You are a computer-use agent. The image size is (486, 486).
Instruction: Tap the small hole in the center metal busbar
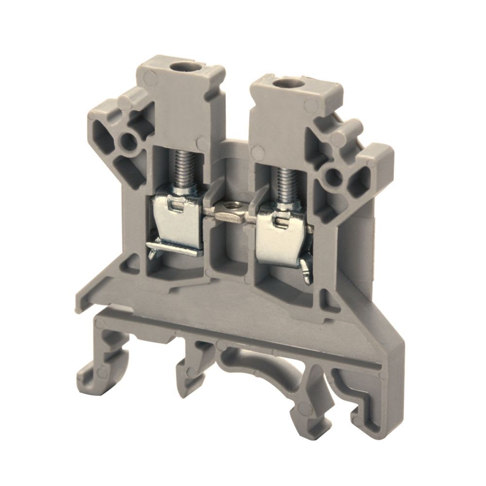tap(229, 212)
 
